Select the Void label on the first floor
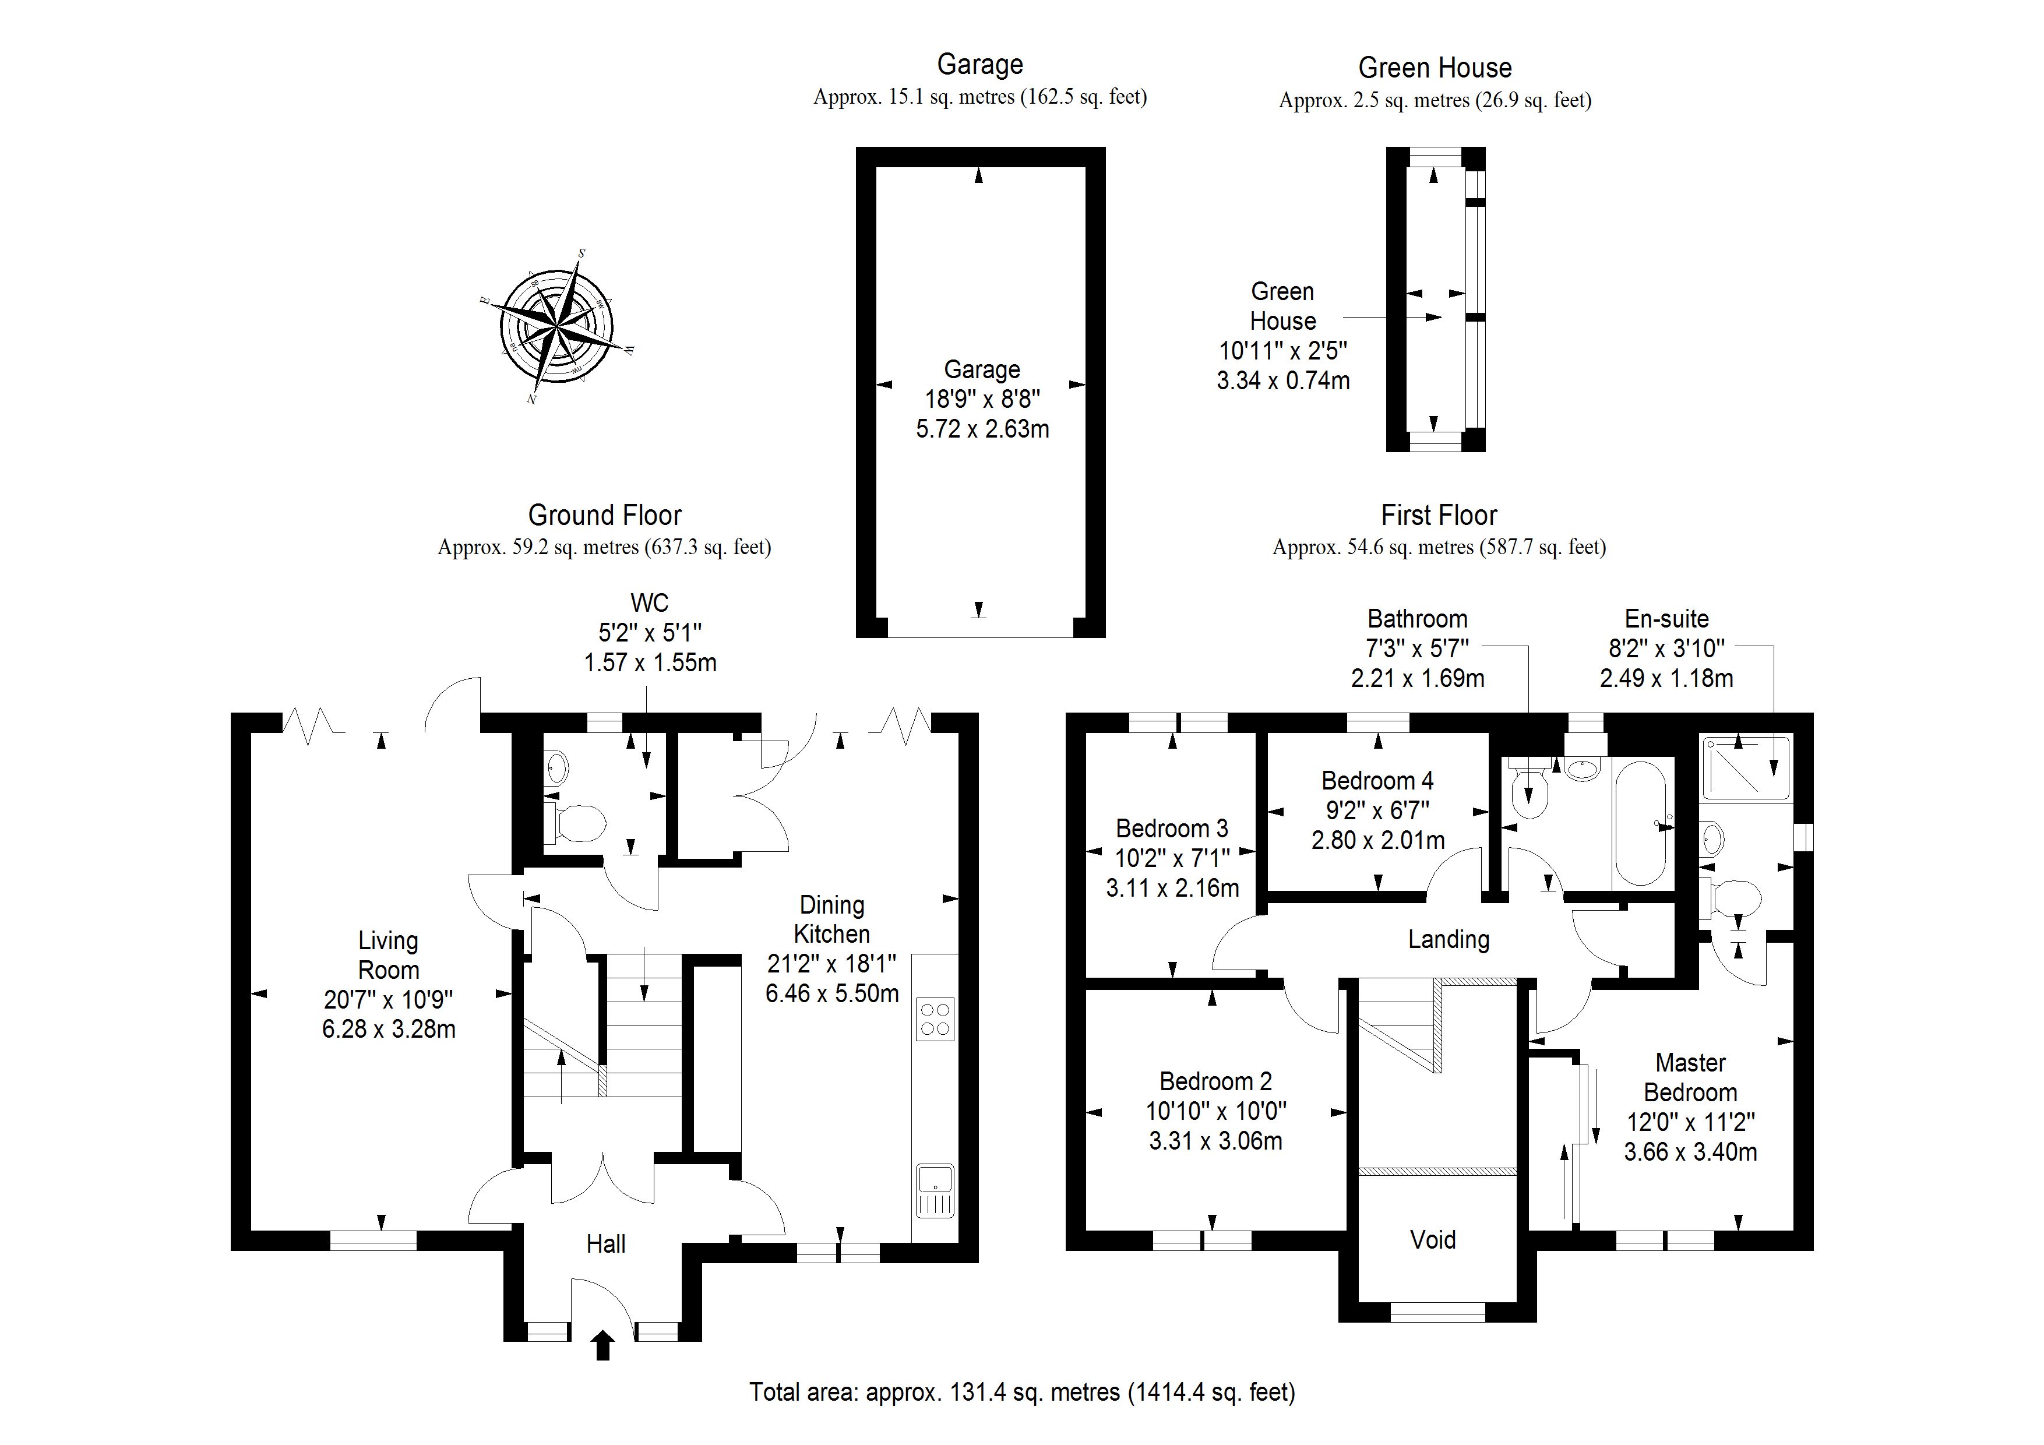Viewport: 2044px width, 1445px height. coord(1432,1239)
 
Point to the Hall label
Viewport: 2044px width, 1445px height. coord(605,1244)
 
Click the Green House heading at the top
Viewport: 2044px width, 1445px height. coord(1434,68)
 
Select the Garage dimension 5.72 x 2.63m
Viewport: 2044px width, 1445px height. coord(982,429)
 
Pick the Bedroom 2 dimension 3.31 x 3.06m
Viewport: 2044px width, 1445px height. coord(1215,1140)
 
